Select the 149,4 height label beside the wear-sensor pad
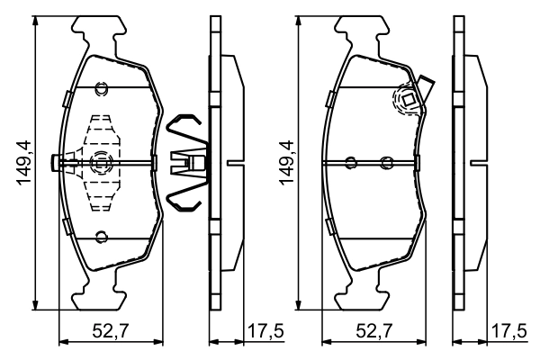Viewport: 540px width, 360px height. pyautogui.click(x=287, y=163)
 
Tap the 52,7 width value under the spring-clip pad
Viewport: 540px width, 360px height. pyautogui.click(x=110, y=334)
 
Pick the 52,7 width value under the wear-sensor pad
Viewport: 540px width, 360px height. pyautogui.click(x=374, y=334)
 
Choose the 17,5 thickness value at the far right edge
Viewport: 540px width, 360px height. pyautogui.click(x=509, y=334)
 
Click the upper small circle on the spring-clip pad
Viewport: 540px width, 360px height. pyautogui.click(x=101, y=87)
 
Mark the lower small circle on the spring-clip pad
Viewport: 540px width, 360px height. pyautogui.click(x=101, y=238)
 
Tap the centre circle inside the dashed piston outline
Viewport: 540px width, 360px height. pyautogui.click(x=101, y=162)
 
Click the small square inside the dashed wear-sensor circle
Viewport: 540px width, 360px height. pyautogui.click(x=407, y=101)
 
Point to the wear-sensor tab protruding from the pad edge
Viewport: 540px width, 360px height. pyautogui.click(x=428, y=88)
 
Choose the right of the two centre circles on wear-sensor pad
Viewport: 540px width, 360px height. pyautogui.click(x=386, y=163)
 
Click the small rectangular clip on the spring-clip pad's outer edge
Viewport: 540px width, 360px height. pyautogui.click(x=56, y=163)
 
